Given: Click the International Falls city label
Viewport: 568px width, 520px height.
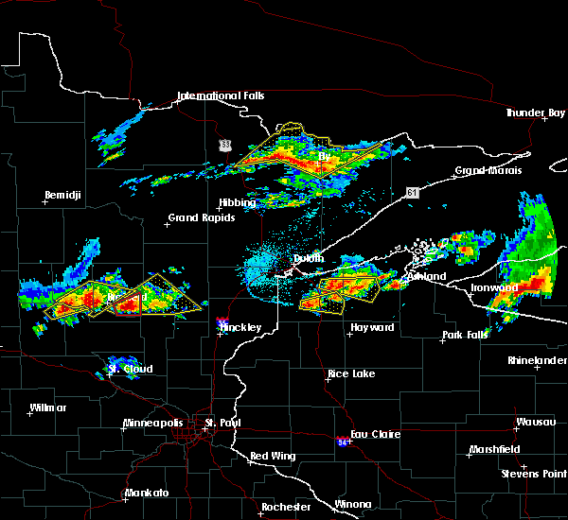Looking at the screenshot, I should tap(221, 96).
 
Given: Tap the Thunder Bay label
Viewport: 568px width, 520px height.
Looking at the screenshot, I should tap(536, 113).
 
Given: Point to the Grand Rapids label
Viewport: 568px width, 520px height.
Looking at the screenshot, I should tap(196, 218).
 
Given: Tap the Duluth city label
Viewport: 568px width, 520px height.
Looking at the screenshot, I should tap(308, 258).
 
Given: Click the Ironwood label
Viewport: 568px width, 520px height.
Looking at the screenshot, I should tap(494, 287).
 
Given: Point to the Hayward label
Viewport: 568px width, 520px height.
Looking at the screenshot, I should tap(372, 327).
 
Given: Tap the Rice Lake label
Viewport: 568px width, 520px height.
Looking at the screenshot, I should tap(350, 373).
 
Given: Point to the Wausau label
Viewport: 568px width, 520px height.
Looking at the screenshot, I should tap(535, 422).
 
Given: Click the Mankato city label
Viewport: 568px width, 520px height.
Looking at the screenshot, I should tap(146, 494).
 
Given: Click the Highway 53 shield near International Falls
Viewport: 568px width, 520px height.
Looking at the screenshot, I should tap(224, 145).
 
